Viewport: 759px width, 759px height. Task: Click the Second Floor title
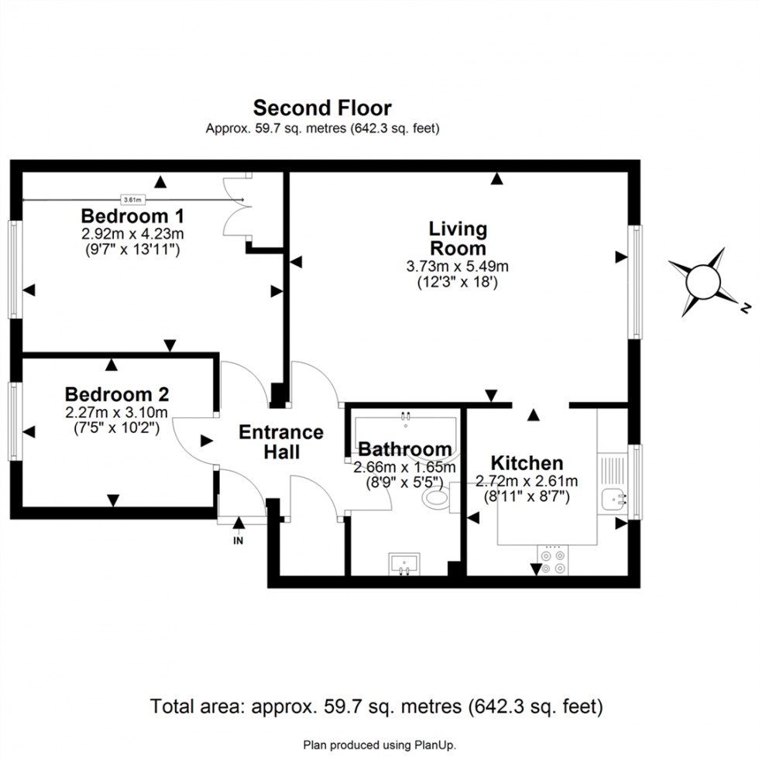(x=322, y=108)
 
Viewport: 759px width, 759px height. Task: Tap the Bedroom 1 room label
(x=125, y=215)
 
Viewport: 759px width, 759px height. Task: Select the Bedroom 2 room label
(x=117, y=393)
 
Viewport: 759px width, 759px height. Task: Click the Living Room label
(x=458, y=239)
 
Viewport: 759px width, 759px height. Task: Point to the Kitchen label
(x=527, y=463)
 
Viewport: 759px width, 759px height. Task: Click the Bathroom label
(x=404, y=449)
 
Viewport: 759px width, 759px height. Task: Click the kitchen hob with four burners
(x=552, y=561)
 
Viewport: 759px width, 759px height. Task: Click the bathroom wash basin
(x=404, y=564)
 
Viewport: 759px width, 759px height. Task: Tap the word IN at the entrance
(x=238, y=541)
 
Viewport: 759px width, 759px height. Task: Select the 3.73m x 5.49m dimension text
(x=457, y=266)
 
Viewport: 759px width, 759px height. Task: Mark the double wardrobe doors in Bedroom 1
(x=237, y=205)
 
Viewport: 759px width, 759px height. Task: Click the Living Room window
(x=635, y=281)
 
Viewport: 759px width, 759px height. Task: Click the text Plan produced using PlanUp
(x=379, y=744)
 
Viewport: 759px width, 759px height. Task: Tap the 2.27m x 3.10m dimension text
(x=117, y=411)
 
